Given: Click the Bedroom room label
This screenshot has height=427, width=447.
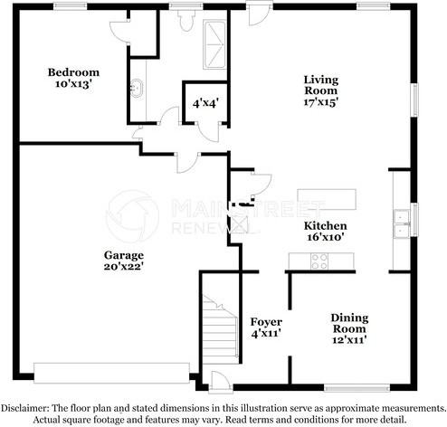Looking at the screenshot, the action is (x=73, y=72).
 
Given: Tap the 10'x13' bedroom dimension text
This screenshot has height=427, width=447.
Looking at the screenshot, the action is (x=73, y=84).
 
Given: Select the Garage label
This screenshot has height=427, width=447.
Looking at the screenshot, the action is (x=124, y=255).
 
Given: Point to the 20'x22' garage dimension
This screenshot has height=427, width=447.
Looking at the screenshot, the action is (x=123, y=267).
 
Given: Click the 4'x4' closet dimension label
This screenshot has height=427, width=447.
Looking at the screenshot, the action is (x=205, y=104).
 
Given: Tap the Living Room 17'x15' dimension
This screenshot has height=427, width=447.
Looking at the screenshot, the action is (x=320, y=102).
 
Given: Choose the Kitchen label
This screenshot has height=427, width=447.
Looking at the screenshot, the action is (x=325, y=226).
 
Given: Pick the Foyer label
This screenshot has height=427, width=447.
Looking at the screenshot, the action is (x=266, y=322).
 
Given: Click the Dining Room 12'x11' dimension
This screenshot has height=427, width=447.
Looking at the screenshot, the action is (x=349, y=340).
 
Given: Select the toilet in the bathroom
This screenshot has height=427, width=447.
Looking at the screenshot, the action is (x=185, y=21).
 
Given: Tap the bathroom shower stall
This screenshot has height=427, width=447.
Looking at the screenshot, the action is (x=214, y=44).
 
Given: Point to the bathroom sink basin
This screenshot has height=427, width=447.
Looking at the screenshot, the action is (x=137, y=88).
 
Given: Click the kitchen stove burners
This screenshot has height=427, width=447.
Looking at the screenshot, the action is (x=319, y=261).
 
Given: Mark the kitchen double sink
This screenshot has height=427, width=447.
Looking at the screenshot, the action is (x=402, y=224).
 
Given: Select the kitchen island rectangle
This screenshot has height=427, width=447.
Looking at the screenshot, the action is (x=327, y=199).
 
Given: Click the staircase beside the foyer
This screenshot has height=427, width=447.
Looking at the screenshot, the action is (x=220, y=328).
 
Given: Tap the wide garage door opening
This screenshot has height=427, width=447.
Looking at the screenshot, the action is (x=111, y=373).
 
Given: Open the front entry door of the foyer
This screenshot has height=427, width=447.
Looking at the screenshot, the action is (x=221, y=383).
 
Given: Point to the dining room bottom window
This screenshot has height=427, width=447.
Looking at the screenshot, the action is (x=357, y=388).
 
